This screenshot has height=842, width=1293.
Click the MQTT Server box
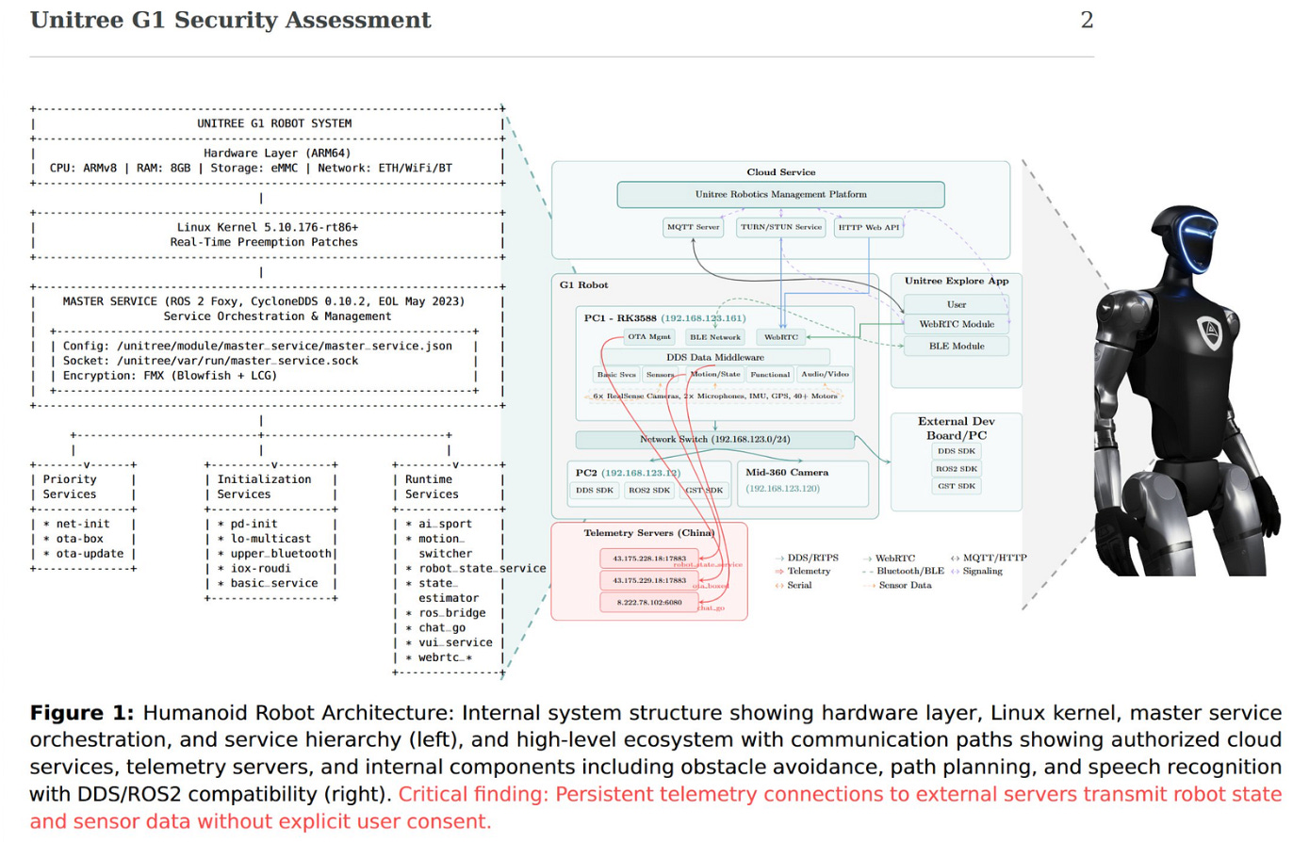point(693,227)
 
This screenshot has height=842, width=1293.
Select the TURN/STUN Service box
point(780,227)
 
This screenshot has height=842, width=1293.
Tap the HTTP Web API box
point(868,227)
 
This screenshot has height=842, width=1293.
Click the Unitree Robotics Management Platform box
point(780,194)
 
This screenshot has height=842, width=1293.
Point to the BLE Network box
point(713,336)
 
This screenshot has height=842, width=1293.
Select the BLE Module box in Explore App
point(956,346)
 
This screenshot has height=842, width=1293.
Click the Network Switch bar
point(714,440)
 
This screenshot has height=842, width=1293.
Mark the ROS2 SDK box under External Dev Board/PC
point(956,468)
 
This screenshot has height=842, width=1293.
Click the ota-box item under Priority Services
point(79,540)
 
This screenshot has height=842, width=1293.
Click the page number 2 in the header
point(1087,21)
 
